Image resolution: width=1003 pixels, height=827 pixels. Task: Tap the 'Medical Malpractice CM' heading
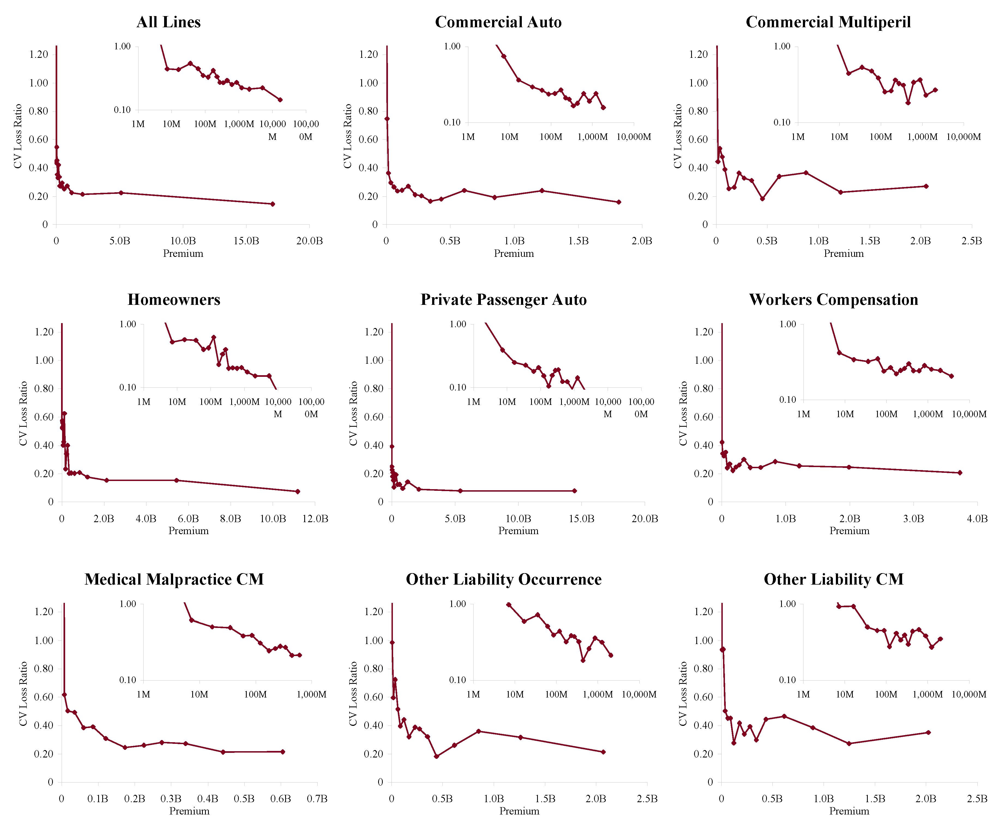click(174, 579)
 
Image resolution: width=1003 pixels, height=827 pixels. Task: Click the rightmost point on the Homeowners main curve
click(298, 491)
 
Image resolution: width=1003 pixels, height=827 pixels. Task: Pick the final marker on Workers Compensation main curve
click(960, 473)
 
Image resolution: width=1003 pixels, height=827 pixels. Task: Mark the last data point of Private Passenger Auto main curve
click(574, 491)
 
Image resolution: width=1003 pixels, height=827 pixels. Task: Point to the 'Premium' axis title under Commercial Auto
click(514, 253)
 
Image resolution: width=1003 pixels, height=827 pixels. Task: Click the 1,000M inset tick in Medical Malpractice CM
click(311, 694)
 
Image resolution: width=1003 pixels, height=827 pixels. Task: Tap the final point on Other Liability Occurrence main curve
click(603, 752)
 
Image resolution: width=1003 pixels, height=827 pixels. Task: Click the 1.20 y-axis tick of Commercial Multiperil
click(698, 54)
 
